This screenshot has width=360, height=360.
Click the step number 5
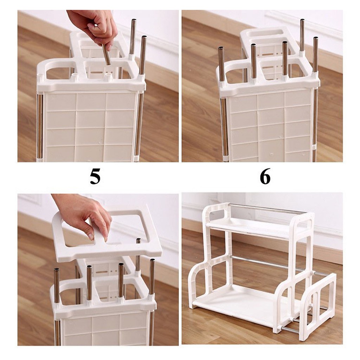[x=95, y=176]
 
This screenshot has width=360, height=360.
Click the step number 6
[x=265, y=176]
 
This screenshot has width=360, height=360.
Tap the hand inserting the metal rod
[x=93, y=26]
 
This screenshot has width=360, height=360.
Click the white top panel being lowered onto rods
[x=105, y=246]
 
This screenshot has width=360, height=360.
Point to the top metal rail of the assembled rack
[x=267, y=208]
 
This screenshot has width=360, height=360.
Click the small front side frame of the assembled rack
[x=318, y=306]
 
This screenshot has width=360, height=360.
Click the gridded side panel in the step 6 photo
[x=269, y=125]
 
